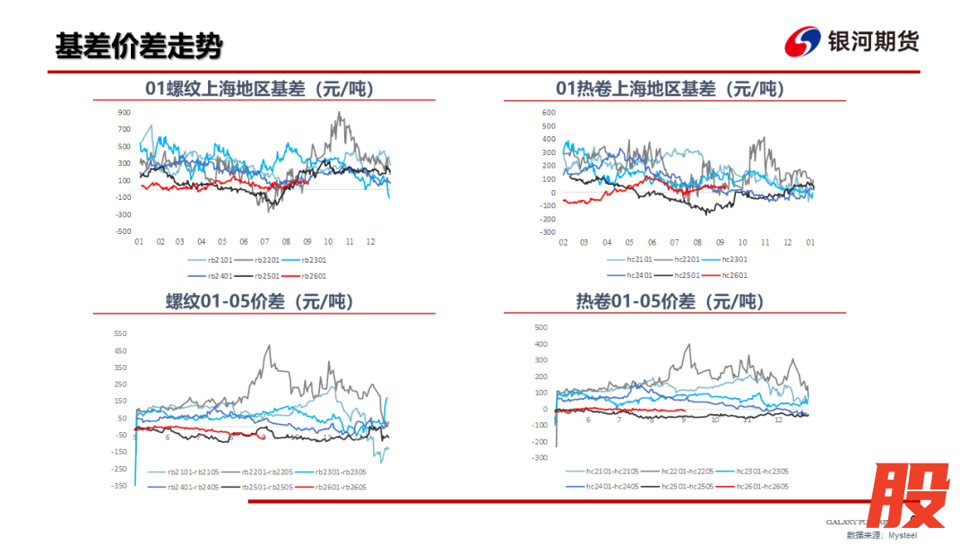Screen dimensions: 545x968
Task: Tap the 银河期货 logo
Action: coord(851,41)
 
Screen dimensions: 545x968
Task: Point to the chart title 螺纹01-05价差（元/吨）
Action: coord(260,301)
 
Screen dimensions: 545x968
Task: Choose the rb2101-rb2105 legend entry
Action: coord(194,472)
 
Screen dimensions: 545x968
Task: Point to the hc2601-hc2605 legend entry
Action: coord(762,486)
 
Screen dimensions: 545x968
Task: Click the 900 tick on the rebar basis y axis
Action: coord(125,113)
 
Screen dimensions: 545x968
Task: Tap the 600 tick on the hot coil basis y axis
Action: coord(549,113)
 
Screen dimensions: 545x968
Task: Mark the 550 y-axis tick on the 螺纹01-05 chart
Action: coord(120,333)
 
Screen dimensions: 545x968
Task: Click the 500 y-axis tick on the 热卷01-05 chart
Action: coord(540,328)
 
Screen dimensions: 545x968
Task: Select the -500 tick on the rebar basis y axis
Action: coord(123,231)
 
